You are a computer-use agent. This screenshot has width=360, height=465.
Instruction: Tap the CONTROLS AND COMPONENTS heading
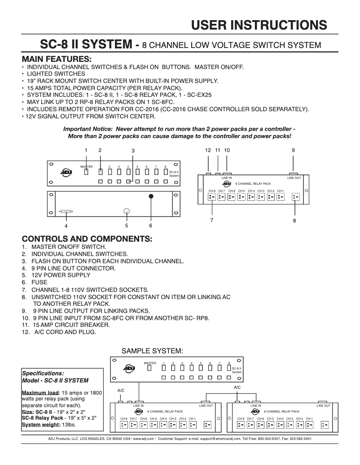point(87,238)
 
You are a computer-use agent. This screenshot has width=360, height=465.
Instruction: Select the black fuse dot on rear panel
point(151,196)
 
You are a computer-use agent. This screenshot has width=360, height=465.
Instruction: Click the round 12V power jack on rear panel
point(127,211)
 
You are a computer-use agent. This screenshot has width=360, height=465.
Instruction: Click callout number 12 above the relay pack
point(208,150)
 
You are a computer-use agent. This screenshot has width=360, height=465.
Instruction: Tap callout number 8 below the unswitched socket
point(294,220)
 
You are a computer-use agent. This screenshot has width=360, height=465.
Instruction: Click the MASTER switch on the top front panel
point(86,171)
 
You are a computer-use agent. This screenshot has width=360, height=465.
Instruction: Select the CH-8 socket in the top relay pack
point(212,196)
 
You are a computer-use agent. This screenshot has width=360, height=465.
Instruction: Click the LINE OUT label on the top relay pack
point(294,178)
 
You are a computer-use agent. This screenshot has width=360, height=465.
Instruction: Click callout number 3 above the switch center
point(133,150)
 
